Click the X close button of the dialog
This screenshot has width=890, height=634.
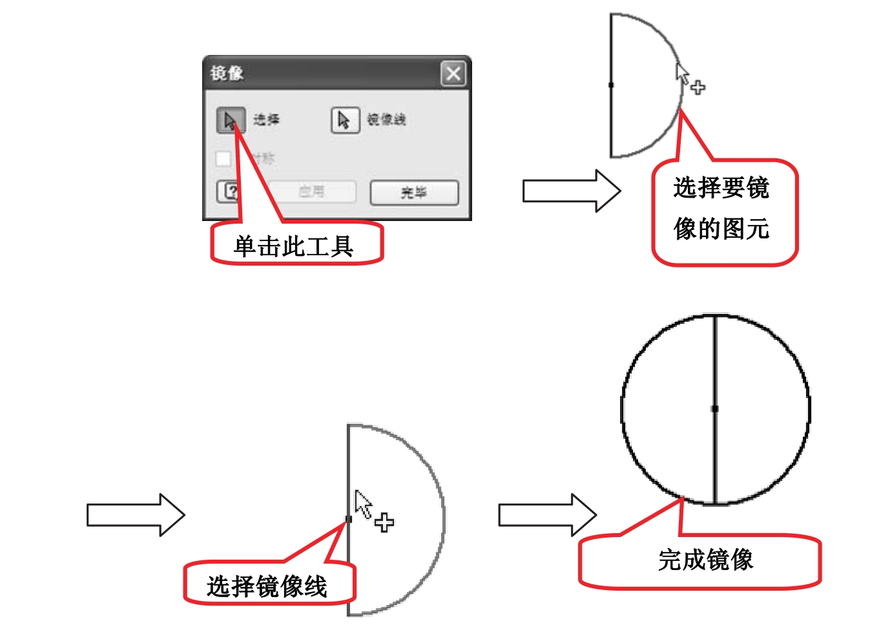(453, 74)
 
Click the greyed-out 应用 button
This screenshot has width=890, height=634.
(312, 192)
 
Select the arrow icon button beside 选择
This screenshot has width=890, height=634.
(230, 120)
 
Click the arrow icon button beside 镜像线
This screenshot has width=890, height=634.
(345, 120)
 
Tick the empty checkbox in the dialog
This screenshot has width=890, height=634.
(223, 158)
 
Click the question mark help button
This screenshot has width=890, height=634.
(230, 192)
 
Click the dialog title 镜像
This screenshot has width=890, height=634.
(227, 73)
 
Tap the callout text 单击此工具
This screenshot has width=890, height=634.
(294, 246)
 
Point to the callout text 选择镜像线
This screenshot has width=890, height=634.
(267, 586)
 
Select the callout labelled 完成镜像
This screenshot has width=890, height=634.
(705, 560)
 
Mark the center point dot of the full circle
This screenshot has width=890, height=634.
(714, 408)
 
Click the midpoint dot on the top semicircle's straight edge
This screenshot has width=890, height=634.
(611, 85)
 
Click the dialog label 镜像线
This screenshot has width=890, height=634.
(386, 120)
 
